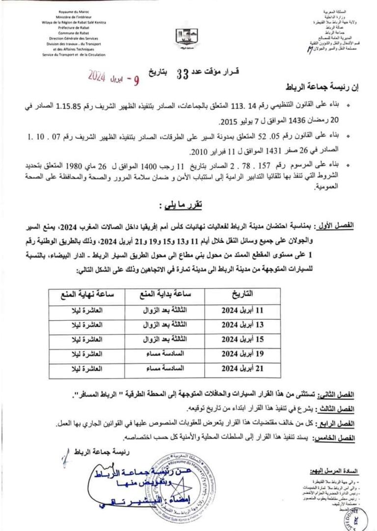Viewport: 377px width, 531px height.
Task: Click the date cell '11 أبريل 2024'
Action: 242,310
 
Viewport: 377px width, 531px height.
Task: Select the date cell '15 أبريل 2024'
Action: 242,339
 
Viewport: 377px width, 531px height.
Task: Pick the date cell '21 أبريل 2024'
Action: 242,367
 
